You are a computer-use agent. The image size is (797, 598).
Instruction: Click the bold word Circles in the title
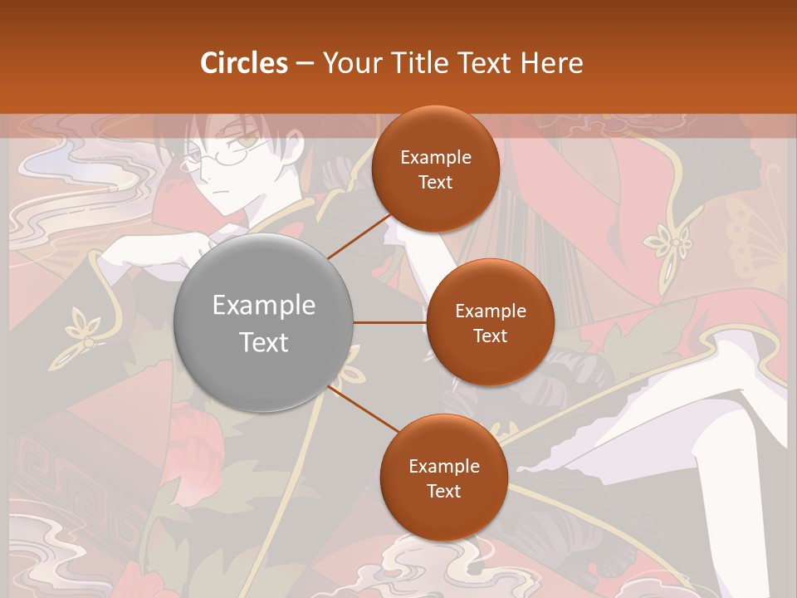[244, 63]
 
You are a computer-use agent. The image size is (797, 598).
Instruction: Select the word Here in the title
[551, 63]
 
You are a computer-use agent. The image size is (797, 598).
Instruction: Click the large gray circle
[264, 322]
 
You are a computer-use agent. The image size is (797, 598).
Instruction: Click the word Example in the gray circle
[264, 306]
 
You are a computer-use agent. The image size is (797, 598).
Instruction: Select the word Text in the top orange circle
[436, 183]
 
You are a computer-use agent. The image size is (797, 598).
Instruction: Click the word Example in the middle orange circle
[490, 311]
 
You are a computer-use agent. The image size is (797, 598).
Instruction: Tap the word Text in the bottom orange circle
[443, 492]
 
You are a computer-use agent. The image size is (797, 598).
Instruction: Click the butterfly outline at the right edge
[760, 241]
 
